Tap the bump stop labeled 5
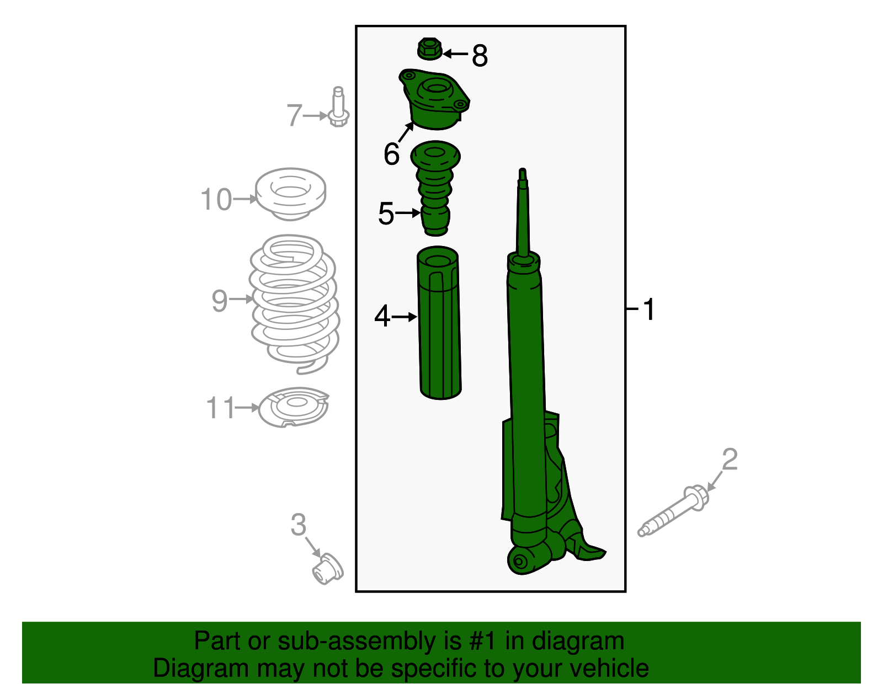click(x=435, y=188)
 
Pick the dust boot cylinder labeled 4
click(x=440, y=325)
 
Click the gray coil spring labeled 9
click(x=294, y=303)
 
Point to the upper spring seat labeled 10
click(x=291, y=194)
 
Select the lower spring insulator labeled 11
click(x=294, y=407)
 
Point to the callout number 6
click(x=391, y=154)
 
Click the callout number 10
click(x=216, y=200)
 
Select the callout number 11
click(x=220, y=408)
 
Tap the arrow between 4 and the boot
click(x=405, y=317)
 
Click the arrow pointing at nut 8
click(x=455, y=54)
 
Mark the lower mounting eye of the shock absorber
click(x=520, y=562)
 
